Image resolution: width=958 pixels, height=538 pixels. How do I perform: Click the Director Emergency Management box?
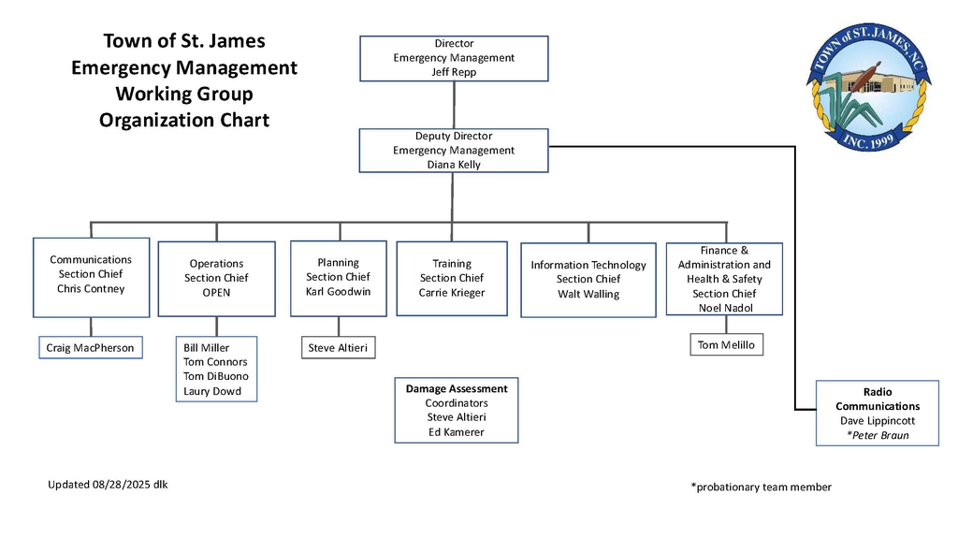click(454, 58)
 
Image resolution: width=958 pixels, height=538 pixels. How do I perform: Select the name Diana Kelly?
click(454, 165)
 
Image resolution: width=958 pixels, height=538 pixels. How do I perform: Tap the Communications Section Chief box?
click(91, 278)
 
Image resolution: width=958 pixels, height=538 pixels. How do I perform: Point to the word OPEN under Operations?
click(216, 292)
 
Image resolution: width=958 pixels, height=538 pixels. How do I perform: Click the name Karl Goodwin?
click(339, 292)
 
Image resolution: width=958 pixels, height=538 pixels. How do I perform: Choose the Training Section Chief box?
click(452, 278)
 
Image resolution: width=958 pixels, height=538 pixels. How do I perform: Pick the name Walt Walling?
click(588, 294)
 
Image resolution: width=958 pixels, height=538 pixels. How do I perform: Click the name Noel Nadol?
click(726, 308)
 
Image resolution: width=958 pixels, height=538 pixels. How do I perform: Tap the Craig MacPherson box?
click(91, 347)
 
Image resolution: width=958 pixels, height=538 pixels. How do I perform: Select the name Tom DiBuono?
click(216, 376)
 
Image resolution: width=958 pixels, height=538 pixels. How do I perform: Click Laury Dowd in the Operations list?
click(212, 391)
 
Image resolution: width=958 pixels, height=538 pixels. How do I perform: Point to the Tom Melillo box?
click(726, 345)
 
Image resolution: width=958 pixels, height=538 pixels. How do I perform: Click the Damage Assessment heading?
click(457, 389)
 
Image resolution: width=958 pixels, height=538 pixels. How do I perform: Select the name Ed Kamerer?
click(457, 432)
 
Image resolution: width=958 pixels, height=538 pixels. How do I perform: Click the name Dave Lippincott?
click(878, 421)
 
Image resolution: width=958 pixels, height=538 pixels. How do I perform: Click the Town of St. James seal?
click(868, 87)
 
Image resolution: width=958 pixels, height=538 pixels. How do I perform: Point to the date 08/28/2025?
click(121, 485)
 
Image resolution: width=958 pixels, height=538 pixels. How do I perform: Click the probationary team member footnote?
click(762, 487)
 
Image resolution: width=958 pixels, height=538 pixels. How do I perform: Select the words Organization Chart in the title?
click(184, 120)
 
